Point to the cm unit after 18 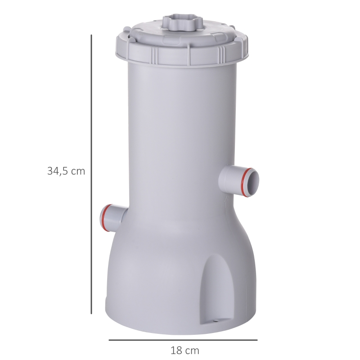point(191,350)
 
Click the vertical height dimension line point(91,175)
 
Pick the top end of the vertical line point(91,36)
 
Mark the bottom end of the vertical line point(91,313)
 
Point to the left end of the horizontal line point(109,340)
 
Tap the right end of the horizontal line point(257,340)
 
